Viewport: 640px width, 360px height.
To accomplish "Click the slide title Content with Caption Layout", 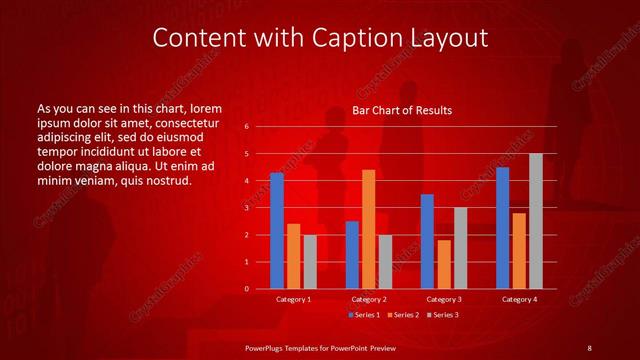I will click(x=320, y=38).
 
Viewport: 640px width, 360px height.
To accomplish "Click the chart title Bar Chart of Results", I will click(x=402, y=110).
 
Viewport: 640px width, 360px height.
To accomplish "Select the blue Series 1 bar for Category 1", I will click(x=277, y=231).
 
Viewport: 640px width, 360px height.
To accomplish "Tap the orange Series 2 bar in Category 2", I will click(x=369, y=229).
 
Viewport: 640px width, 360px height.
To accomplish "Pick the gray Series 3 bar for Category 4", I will click(x=536, y=221).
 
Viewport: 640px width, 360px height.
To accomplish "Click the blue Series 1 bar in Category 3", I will click(x=427, y=241).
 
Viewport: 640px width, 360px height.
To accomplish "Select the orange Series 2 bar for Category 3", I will click(x=444, y=264).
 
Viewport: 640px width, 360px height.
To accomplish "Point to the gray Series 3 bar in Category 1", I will click(x=310, y=262).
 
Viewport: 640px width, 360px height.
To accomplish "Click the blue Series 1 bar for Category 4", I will click(x=502, y=228).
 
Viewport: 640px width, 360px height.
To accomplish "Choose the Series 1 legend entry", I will click(x=365, y=315).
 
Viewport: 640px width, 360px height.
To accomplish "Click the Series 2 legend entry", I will click(x=402, y=315).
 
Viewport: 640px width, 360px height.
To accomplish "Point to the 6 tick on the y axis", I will click(x=246, y=127).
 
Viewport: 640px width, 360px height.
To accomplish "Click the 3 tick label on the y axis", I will click(x=246, y=208).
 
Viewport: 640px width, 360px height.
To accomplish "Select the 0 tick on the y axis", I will click(x=246, y=289).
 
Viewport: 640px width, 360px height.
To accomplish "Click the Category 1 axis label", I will click(x=294, y=299).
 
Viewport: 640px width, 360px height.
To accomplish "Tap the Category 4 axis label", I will click(x=519, y=299).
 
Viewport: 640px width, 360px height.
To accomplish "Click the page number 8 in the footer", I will click(x=589, y=347).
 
